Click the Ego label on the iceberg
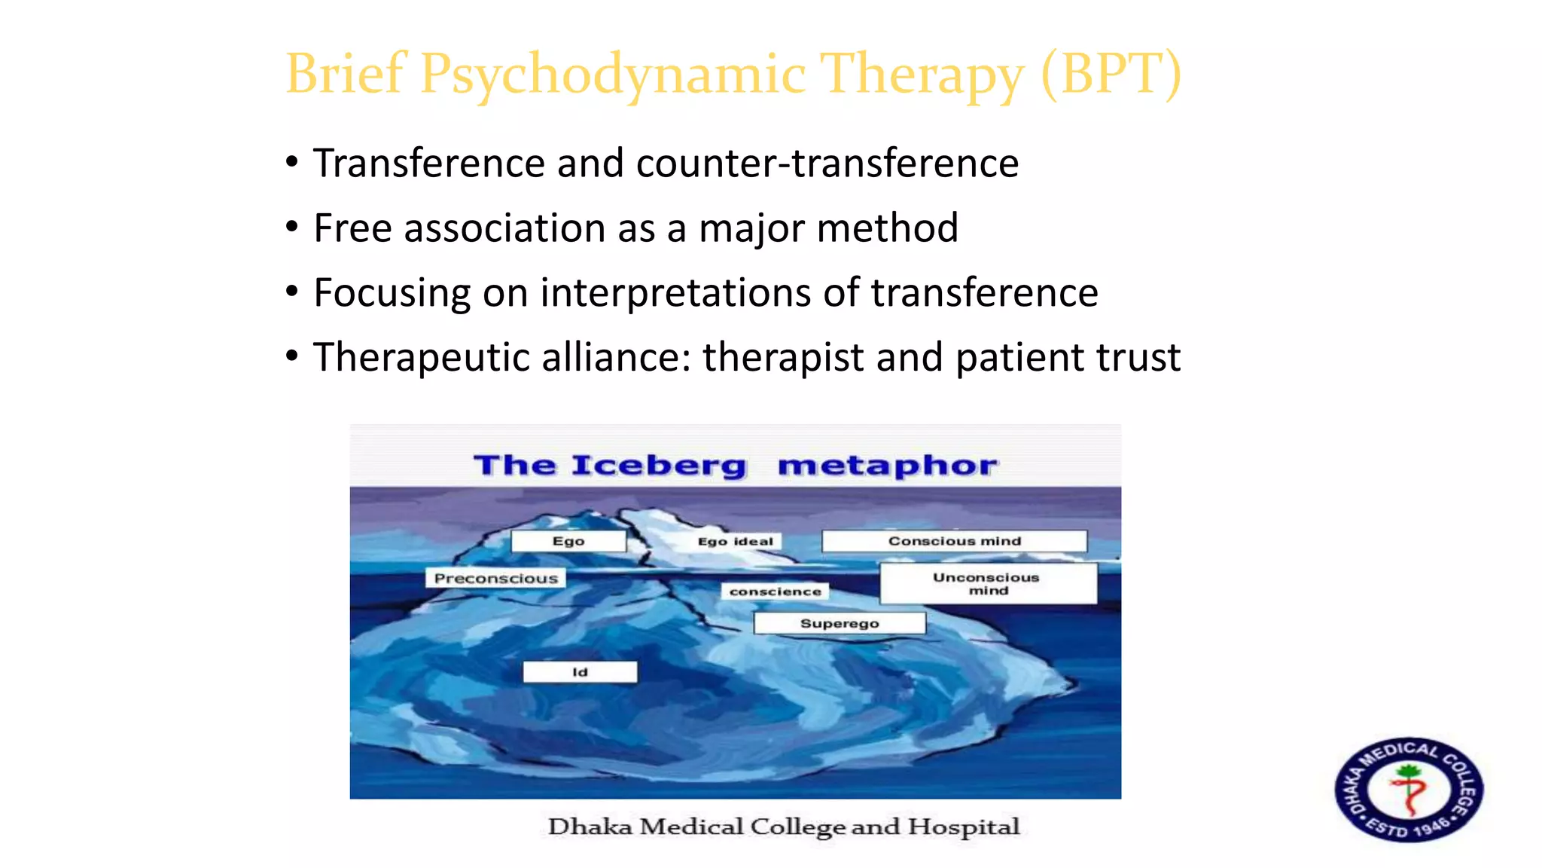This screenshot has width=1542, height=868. pyautogui.click(x=568, y=541)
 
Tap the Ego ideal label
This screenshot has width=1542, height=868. pyautogui.click(x=735, y=541)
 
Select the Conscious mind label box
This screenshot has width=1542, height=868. pyautogui.click(x=954, y=541)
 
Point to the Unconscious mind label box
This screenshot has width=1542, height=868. pyautogui.click(x=987, y=583)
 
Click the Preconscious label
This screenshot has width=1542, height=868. pyautogui.click(x=496, y=579)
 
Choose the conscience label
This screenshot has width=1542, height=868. pyautogui.click(x=776, y=591)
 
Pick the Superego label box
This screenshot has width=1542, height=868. pyautogui.click(x=840, y=623)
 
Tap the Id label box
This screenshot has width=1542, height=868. pyautogui.click(x=580, y=672)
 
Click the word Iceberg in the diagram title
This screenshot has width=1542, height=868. pyautogui.click(x=659, y=466)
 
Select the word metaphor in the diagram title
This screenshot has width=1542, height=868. pyautogui.click(x=888, y=466)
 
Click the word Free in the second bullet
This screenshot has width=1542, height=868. pyautogui.click(x=353, y=228)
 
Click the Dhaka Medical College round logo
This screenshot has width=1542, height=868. pyautogui.click(x=1409, y=789)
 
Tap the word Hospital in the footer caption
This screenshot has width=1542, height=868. pyautogui.click(x=964, y=827)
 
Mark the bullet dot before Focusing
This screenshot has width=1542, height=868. pyautogui.click(x=292, y=292)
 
